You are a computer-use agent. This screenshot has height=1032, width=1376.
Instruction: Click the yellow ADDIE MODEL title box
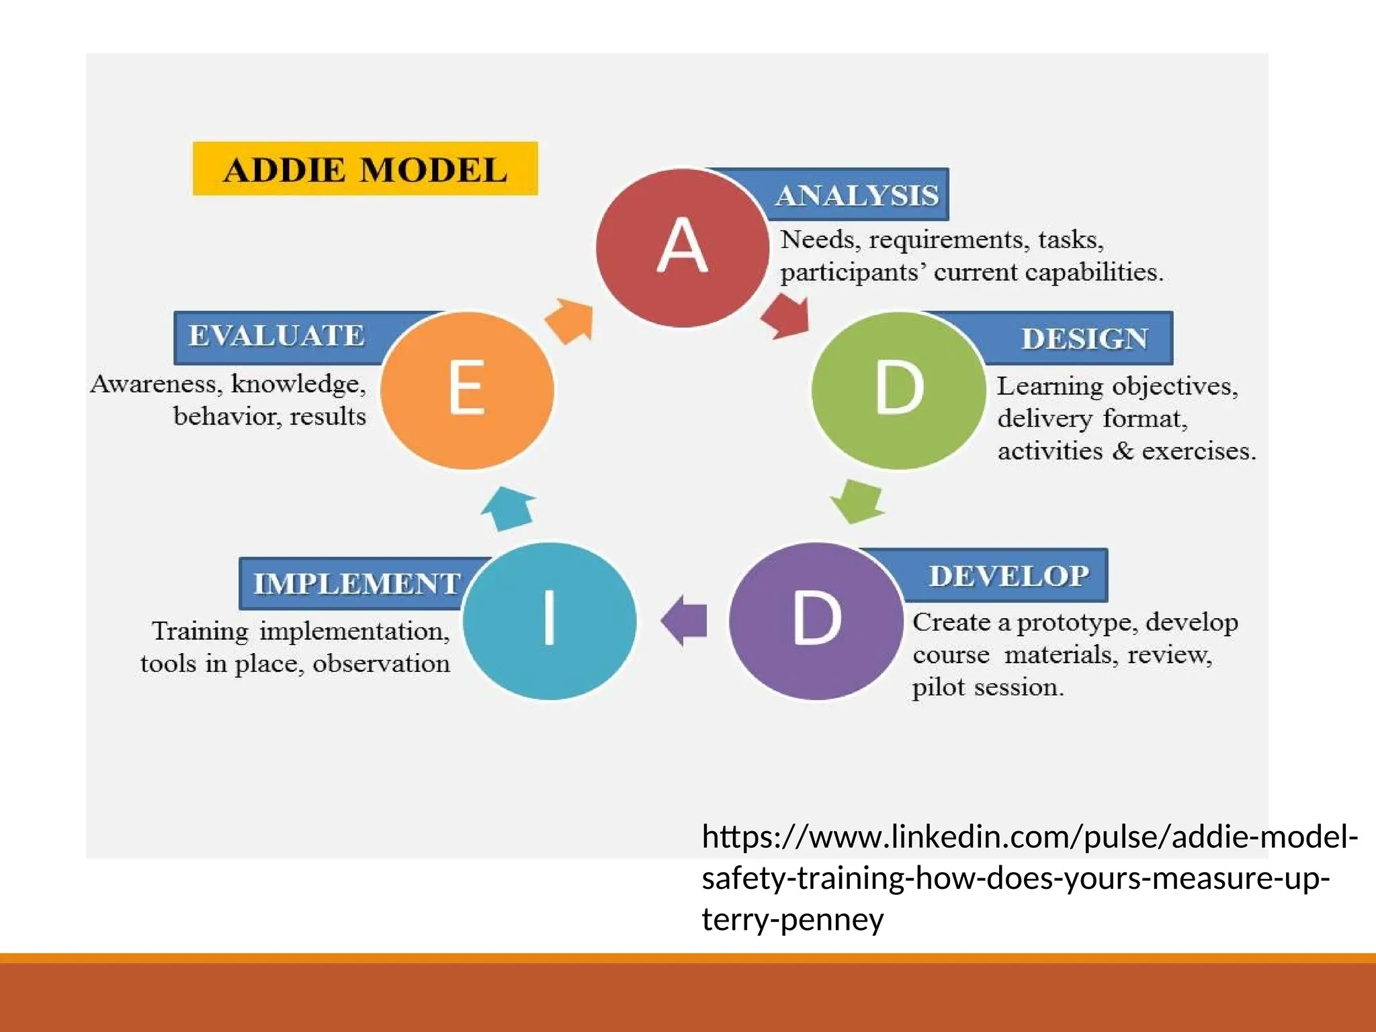click(x=365, y=169)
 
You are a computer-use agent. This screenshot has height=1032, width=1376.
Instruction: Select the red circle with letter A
click(x=682, y=247)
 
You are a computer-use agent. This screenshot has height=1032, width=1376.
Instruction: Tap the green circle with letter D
click(x=898, y=390)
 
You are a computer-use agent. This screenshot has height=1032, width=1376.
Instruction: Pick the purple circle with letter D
click(x=816, y=619)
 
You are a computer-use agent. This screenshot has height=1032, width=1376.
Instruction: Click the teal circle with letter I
click(x=550, y=619)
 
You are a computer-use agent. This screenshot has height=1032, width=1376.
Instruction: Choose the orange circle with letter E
click(x=467, y=390)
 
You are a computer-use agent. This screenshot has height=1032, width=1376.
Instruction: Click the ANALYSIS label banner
click(x=857, y=195)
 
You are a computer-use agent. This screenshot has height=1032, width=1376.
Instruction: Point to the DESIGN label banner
click(x=1083, y=339)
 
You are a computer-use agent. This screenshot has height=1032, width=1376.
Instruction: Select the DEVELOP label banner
click(x=1008, y=576)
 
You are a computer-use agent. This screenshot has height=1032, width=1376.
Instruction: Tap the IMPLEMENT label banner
click(x=356, y=583)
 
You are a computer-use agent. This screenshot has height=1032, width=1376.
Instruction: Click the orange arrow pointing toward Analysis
click(x=570, y=320)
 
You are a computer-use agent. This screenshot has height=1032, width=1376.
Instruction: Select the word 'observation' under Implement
click(x=381, y=664)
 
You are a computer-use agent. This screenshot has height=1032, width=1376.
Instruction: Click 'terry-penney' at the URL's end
click(x=792, y=919)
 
